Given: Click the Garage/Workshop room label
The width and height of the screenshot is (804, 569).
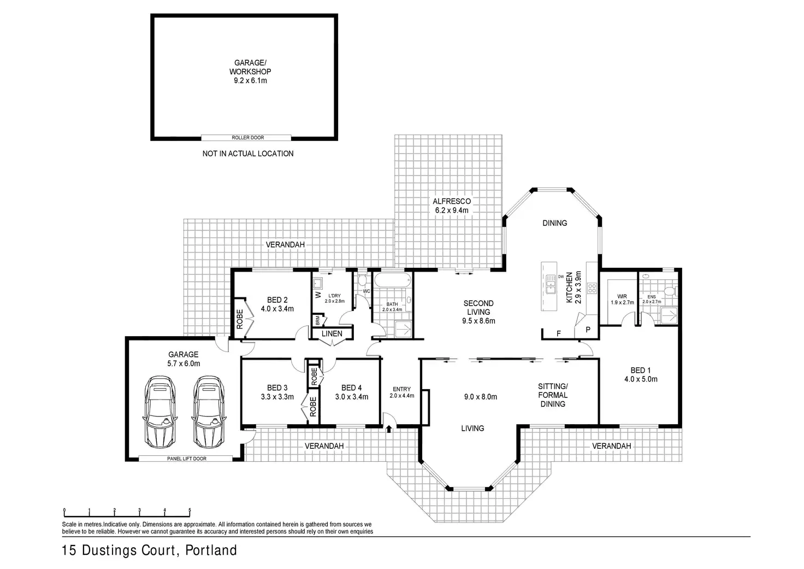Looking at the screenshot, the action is (250, 72).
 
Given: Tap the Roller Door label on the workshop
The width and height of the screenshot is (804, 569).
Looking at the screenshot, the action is (248, 138).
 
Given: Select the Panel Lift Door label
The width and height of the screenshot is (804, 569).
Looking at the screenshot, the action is (186, 459).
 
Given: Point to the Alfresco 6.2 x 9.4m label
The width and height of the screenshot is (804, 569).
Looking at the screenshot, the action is (452, 206).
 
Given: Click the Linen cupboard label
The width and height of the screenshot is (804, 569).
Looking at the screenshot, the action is (332, 333).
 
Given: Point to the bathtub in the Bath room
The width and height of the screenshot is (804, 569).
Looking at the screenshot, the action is (392, 281).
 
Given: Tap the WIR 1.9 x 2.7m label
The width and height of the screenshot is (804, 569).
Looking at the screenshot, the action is (622, 298).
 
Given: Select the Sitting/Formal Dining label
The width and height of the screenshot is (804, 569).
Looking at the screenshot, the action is (553, 395).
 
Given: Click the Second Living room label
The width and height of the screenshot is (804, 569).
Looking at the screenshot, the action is (478, 312).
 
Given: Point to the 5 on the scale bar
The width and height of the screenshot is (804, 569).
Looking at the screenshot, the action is (190, 511).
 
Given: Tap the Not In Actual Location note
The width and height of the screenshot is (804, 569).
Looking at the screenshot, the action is (248, 154).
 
